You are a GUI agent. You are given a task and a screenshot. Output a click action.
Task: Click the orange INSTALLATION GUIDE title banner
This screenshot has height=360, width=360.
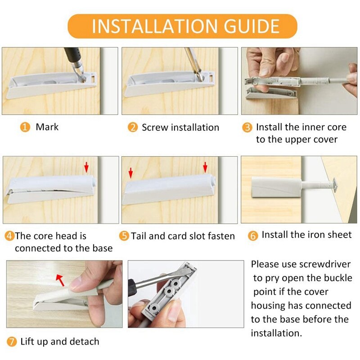[x=182, y=26]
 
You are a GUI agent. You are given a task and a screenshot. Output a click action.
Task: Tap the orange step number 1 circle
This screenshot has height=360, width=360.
[x=25, y=127]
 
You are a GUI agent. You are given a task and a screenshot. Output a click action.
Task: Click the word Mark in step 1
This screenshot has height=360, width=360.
[x=47, y=127]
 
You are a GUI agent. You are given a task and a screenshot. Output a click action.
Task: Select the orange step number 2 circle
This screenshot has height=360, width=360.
[x=132, y=128]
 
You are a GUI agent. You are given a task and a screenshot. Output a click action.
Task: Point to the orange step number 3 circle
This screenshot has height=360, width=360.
[x=247, y=128]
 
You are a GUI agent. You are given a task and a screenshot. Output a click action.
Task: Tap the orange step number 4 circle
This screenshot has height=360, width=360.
[x=9, y=236]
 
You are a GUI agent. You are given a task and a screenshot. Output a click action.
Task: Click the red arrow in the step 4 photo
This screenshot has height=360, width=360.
[x=86, y=168]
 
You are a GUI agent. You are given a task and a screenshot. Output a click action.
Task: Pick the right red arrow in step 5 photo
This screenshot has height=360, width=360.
[x=205, y=168]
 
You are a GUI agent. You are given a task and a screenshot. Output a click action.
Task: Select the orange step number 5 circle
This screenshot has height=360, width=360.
[x=125, y=236]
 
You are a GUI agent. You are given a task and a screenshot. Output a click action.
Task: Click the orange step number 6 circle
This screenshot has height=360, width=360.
[x=253, y=235]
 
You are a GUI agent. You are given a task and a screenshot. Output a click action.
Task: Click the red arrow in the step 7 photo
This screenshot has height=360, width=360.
[x=59, y=279]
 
